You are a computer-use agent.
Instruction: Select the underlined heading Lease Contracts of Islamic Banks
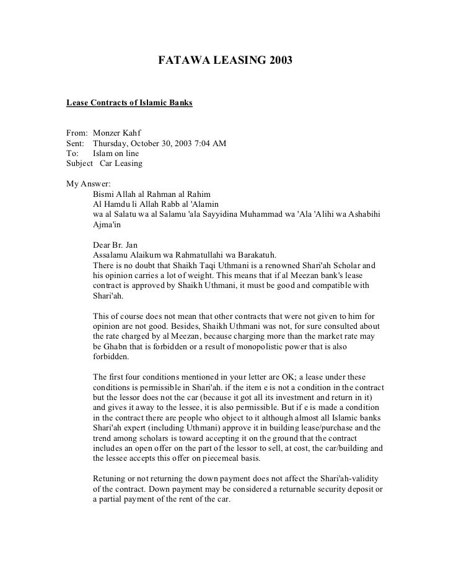tap(129, 102)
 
